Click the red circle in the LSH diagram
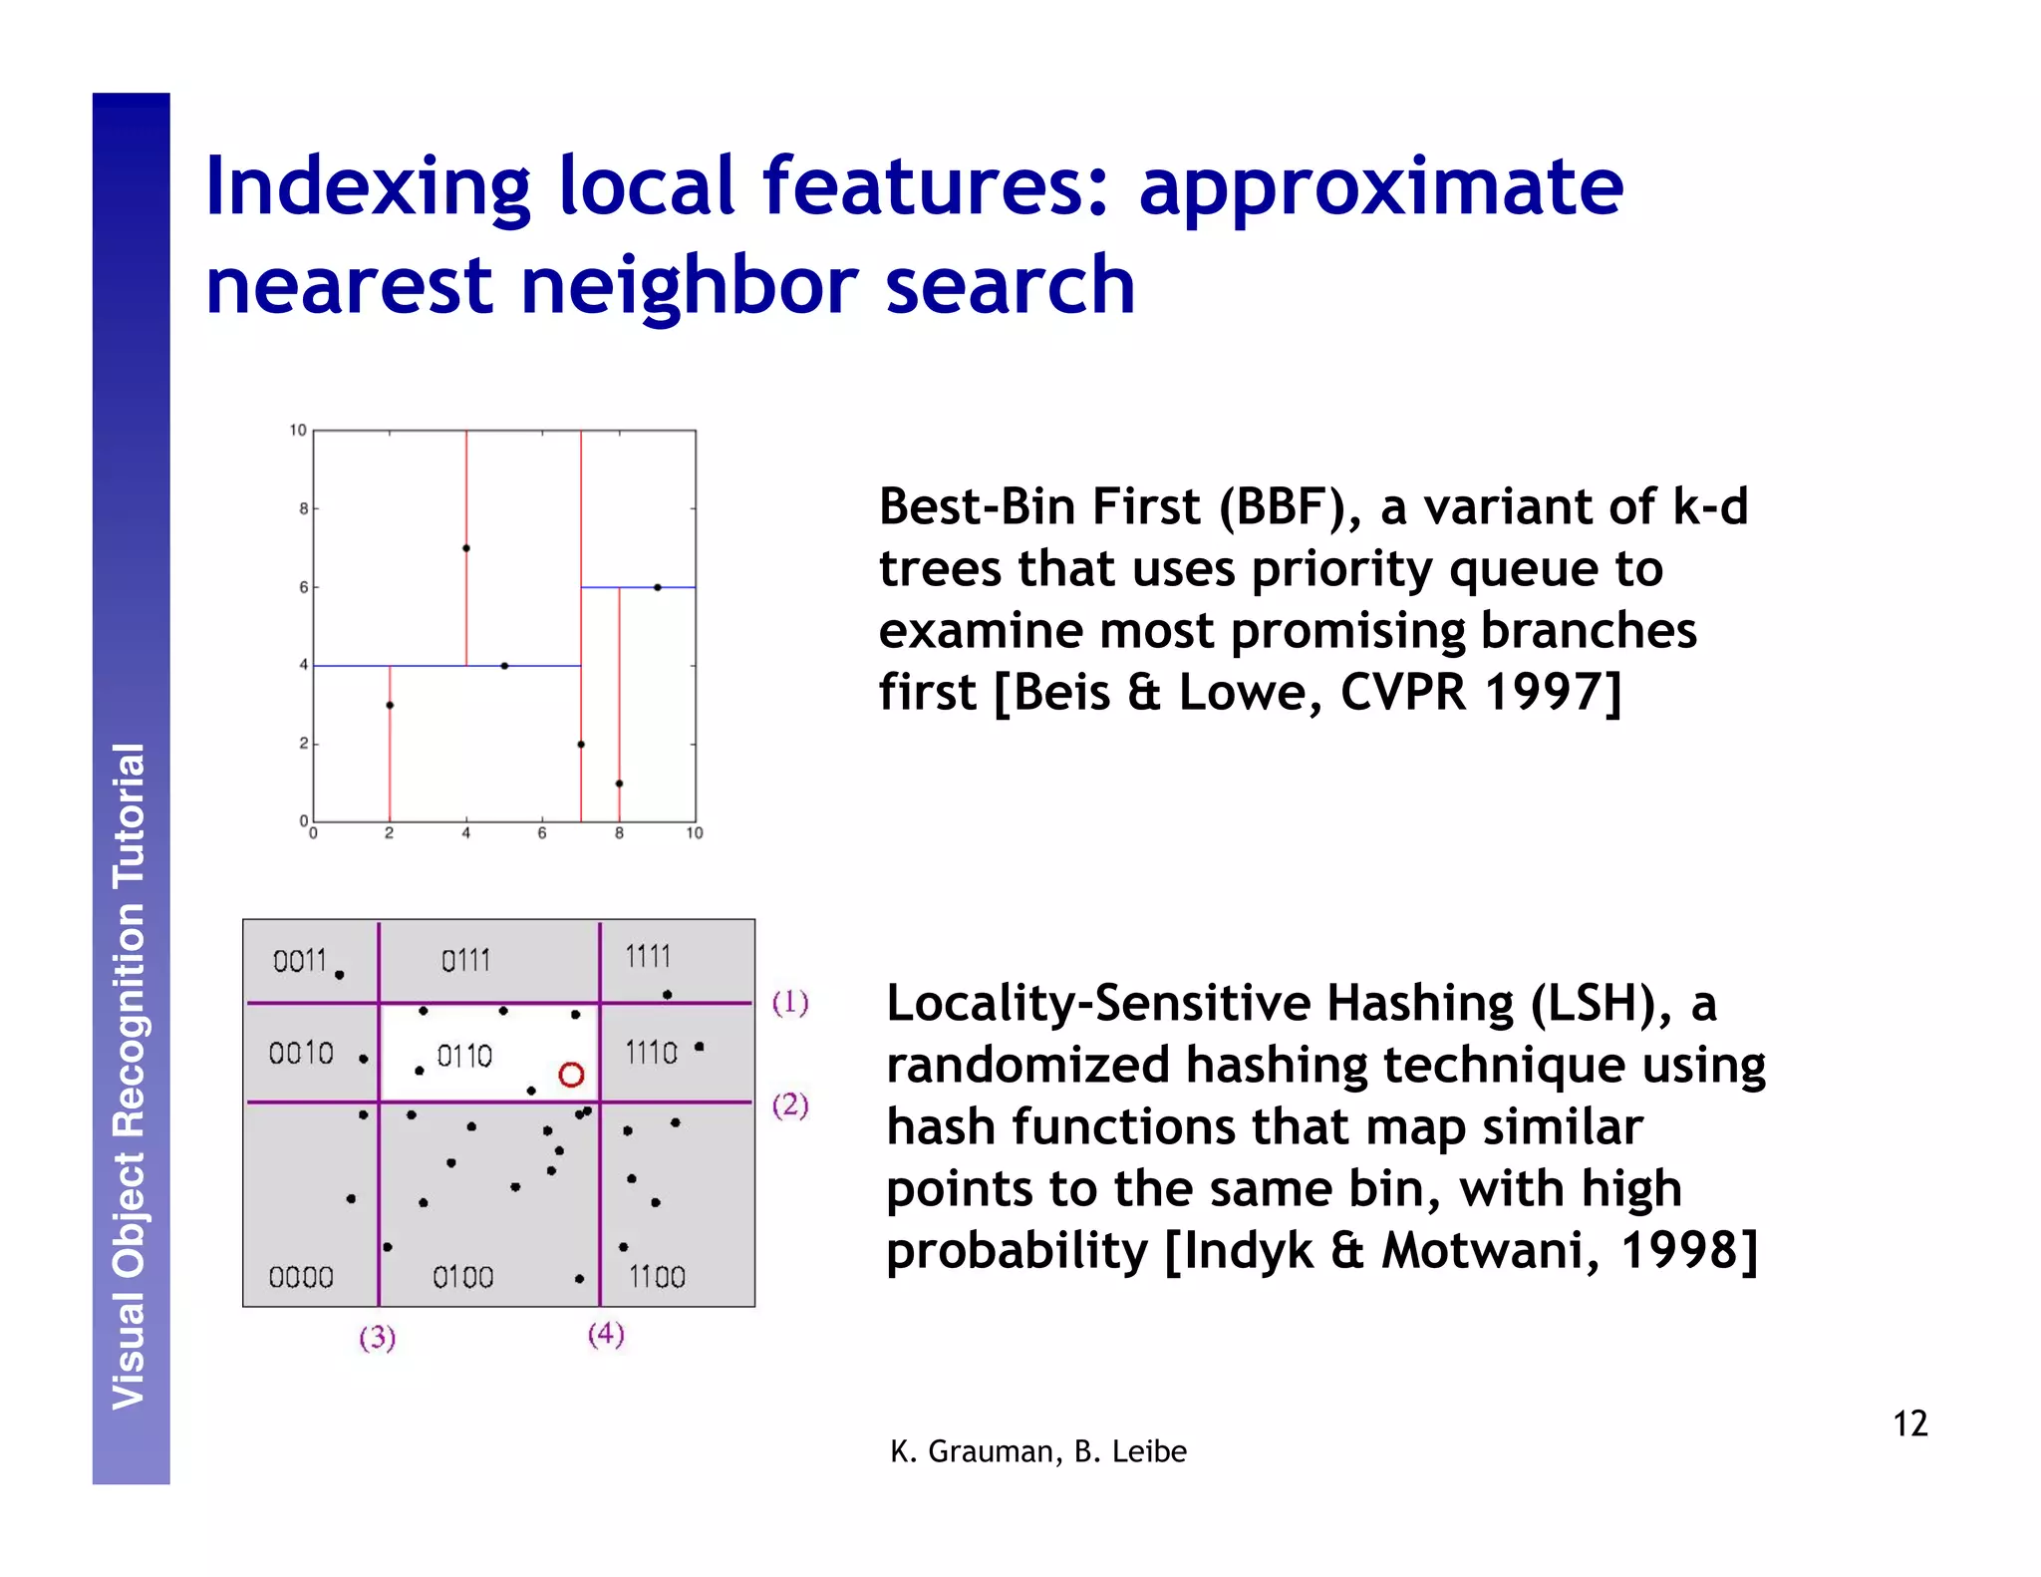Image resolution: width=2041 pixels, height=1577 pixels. pos(571,1075)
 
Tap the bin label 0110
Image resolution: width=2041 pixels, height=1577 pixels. pos(464,1056)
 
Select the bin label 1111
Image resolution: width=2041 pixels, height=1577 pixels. pos(648,957)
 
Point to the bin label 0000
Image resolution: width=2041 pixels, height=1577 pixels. pos(301,1277)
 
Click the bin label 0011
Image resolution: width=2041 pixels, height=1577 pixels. pos(300,961)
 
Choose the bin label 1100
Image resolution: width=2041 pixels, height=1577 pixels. pos(657,1277)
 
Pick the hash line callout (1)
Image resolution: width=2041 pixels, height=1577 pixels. pos(790,1002)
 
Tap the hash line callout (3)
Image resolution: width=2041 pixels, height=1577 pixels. pos(378,1337)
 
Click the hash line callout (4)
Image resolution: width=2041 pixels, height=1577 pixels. pos(606,1334)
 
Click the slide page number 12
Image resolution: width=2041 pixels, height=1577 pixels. pos(1909,1423)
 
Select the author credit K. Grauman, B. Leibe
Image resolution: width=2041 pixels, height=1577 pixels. pos(1037,1451)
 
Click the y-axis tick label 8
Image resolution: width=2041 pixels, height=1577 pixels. pos(303,508)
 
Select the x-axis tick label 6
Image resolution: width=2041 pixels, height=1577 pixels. pos(542,833)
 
